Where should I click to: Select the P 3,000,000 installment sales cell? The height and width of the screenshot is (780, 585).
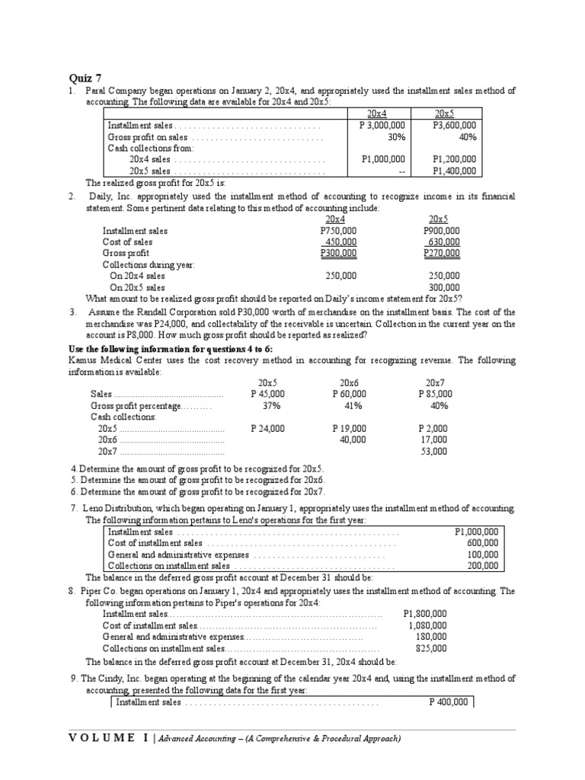click(x=382, y=126)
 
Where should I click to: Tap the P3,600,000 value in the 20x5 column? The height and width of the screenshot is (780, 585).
click(x=454, y=126)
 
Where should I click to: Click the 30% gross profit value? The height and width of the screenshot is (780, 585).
click(x=396, y=137)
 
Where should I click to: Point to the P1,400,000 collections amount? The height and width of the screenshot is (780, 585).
click(x=454, y=171)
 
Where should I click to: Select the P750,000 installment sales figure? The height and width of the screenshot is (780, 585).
click(x=338, y=231)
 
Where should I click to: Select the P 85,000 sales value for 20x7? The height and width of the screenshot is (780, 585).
click(x=435, y=394)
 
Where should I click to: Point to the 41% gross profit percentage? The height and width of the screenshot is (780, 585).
click(x=350, y=406)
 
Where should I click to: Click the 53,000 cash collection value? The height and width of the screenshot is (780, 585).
click(x=434, y=451)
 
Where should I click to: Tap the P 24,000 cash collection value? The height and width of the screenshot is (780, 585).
click(x=267, y=428)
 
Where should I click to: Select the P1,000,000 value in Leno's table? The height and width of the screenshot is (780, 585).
click(x=476, y=532)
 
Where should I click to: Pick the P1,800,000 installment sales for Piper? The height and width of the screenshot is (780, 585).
click(x=425, y=613)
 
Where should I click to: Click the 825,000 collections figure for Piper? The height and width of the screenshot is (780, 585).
click(x=431, y=648)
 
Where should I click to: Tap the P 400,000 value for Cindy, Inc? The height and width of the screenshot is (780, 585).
click(x=449, y=702)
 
